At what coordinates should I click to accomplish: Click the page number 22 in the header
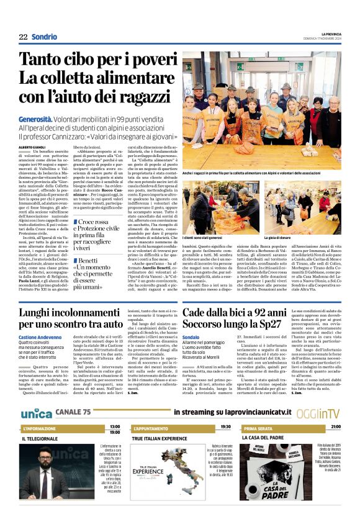pyautogui.click(x=24, y=37)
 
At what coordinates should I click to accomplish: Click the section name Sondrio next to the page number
pyautogui.click(x=45, y=37)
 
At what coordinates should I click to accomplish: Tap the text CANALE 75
pyautogui.click(x=73, y=413)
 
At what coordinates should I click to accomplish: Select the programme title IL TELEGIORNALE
pyautogui.click(x=40, y=438)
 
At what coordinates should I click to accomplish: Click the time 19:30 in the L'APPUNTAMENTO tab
pyautogui.click(x=225, y=427)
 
